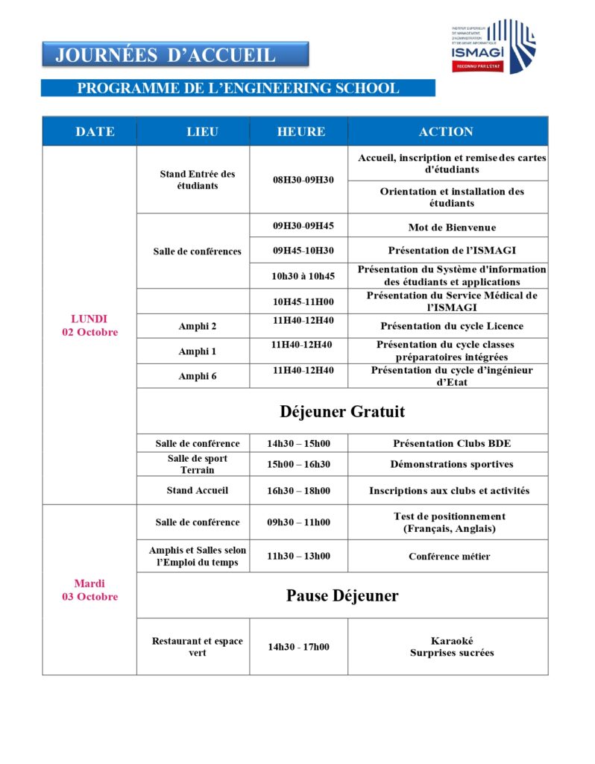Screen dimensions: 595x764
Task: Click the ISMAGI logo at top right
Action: [x=493, y=46]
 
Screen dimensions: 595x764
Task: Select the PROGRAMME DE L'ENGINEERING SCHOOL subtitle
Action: [x=238, y=88]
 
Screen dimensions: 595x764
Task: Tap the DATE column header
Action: [x=95, y=132]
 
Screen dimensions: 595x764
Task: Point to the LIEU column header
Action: [x=202, y=132]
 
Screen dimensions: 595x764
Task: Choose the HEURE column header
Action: [x=301, y=132]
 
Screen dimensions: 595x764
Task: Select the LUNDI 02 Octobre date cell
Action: [x=89, y=325]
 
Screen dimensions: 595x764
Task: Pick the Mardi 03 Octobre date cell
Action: [x=89, y=589]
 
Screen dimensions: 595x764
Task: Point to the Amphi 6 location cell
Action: [x=198, y=376]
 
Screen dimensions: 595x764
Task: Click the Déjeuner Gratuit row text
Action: [x=342, y=411]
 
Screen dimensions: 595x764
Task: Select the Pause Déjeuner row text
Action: [x=342, y=595]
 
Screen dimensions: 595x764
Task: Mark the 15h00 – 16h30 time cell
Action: [x=298, y=464]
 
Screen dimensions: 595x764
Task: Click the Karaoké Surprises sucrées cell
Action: [x=452, y=646]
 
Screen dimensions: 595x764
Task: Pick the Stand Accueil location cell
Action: [x=198, y=490]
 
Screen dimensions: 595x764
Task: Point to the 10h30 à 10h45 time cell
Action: [x=303, y=276]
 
